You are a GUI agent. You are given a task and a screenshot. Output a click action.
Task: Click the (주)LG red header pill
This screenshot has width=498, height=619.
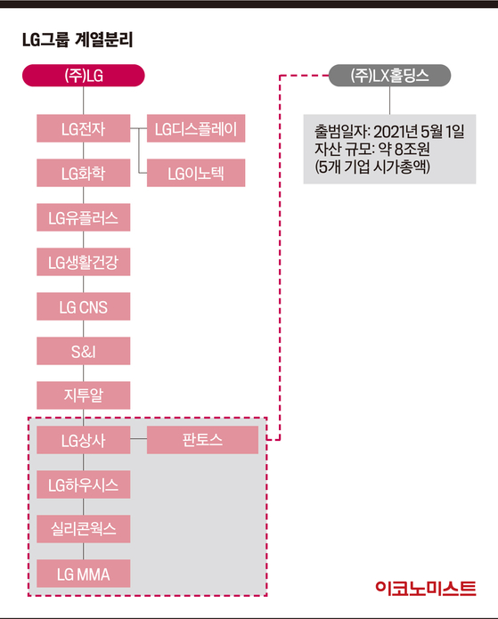click(x=84, y=76)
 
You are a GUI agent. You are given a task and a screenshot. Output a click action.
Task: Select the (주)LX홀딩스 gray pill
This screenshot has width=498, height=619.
click(x=389, y=76)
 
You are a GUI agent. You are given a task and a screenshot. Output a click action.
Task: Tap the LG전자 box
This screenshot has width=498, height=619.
click(x=84, y=128)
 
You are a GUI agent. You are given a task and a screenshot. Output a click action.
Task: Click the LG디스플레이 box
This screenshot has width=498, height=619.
click(x=196, y=128)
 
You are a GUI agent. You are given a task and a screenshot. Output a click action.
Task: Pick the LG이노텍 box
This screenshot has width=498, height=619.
click(x=196, y=173)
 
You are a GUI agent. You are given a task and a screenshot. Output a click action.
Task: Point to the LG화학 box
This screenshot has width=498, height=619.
click(x=84, y=173)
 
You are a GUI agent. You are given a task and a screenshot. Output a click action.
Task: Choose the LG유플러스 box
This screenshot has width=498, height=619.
click(x=84, y=217)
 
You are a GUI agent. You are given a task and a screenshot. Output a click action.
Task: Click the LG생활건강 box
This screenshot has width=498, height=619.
click(x=84, y=262)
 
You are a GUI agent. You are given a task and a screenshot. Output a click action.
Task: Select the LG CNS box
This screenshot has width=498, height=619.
click(x=84, y=306)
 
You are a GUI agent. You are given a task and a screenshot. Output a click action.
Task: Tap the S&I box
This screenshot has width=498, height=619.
click(x=84, y=351)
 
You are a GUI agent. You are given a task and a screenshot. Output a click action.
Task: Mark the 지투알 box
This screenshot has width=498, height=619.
click(x=84, y=395)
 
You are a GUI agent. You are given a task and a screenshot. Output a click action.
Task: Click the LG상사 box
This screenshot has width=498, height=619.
click(x=84, y=440)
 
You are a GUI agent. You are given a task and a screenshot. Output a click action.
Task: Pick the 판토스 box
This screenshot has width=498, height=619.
click(x=202, y=440)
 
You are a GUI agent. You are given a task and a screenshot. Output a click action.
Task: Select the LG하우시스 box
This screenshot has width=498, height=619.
click(x=84, y=485)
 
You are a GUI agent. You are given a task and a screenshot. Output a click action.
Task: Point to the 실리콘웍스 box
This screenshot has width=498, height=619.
click(x=84, y=529)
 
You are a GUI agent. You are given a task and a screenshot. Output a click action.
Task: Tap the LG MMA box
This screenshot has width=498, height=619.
click(x=84, y=574)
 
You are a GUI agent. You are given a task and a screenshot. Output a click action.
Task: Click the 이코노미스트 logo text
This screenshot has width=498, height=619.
click(x=426, y=588)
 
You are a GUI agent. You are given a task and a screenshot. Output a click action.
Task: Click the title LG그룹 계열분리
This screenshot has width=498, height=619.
click(x=78, y=40)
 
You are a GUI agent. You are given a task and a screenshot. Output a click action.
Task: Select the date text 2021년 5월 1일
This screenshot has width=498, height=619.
click(x=419, y=132)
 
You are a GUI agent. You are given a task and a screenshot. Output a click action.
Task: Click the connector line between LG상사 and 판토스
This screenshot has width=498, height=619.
click(x=139, y=438)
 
